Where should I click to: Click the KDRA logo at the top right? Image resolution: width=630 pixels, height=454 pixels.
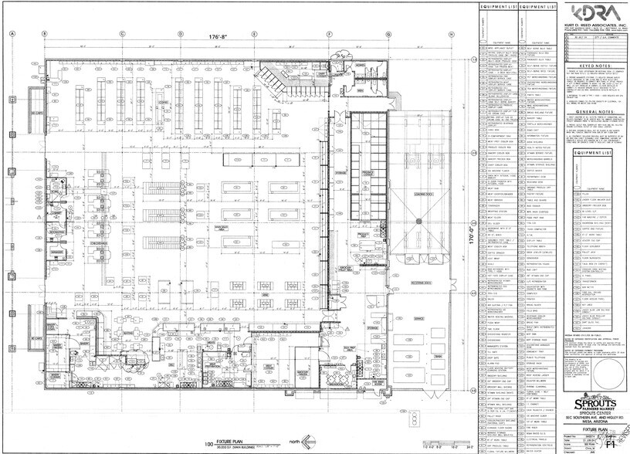(x=594, y=13)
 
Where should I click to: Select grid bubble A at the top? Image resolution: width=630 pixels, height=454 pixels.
(x=12, y=35)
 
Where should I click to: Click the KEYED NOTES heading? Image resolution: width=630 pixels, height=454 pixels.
(x=594, y=68)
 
